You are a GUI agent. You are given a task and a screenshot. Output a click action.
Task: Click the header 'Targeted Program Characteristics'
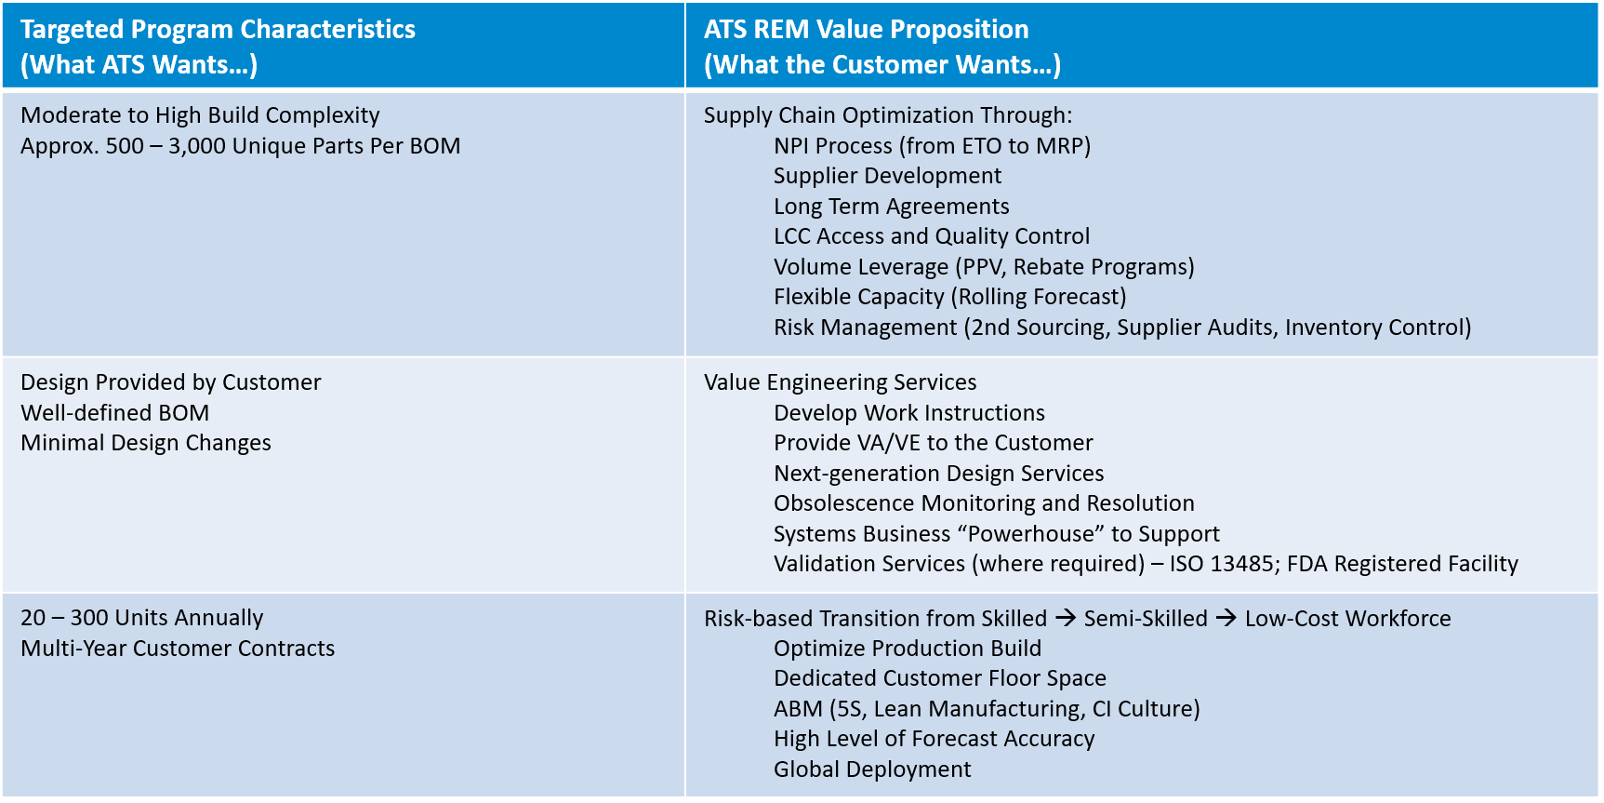pos(218,30)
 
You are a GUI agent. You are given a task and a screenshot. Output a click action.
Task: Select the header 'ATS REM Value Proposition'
pos(866,30)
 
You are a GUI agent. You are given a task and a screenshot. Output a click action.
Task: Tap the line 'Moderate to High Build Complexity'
pos(200,115)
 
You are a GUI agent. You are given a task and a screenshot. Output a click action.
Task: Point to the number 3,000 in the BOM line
pos(197,146)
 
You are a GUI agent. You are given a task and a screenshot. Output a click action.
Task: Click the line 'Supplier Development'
pos(887,176)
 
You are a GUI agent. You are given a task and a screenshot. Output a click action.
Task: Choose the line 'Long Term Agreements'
pos(891,207)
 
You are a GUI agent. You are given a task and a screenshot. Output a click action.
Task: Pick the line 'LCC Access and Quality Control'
pos(931,236)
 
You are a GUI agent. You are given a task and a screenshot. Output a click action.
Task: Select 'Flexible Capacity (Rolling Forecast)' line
pos(949,297)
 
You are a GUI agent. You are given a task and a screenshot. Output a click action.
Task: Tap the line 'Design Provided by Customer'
pos(170,382)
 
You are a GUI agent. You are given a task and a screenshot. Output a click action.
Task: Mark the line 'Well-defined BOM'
pos(114,413)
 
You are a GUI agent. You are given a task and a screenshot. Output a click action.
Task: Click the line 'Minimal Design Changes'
pos(146,443)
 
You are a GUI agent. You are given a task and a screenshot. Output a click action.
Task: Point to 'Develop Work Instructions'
pos(908,413)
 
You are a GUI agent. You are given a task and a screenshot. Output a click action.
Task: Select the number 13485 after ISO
pos(1244,564)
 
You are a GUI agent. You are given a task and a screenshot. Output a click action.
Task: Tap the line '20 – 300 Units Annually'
pos(141,618)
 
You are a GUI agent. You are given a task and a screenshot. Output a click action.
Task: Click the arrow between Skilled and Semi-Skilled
pos(1066,618)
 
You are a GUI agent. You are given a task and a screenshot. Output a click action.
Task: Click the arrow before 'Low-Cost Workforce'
pos(1226,618)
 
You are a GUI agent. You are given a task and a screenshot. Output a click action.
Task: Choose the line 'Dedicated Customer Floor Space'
pos(939,678)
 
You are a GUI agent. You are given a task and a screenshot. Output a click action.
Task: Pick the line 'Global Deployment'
pos(872,770)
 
